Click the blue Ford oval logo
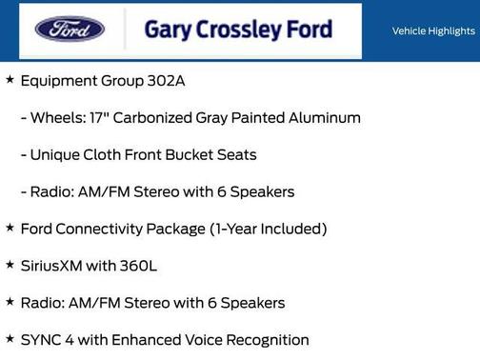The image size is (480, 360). tap(70, 29)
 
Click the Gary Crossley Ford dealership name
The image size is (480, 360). tap(238, 29)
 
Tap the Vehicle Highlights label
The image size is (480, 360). tap(433, 31)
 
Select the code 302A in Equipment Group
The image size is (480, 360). tap(166, 81)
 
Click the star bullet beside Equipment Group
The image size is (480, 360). tap(10, 80)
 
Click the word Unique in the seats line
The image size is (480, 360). tap(56, 154)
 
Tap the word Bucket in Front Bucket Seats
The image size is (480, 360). tap(190, 154)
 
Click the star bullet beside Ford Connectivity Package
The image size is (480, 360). tap(10, 228)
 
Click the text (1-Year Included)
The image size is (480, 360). tap(270, 229)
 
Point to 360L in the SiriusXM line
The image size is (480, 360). tap(136, 266)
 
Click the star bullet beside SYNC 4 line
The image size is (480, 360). tap(10, 339)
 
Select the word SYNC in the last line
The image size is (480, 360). tap(42, 340)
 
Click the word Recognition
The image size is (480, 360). tap(267, 340)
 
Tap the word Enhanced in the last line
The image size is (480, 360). tap(147, 340)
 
